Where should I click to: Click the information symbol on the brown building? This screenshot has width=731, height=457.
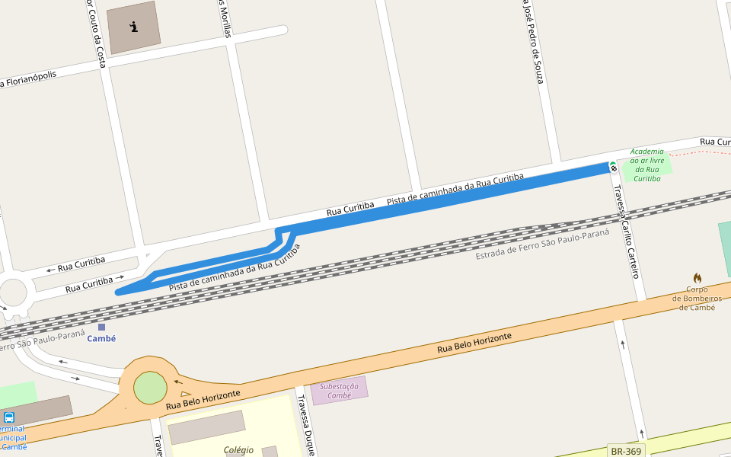[x=134, y=27]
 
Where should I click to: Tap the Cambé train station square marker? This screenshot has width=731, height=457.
[x=101, y=328]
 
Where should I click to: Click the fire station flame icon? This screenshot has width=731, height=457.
[x=697, y=278]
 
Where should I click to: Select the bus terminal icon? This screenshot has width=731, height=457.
[x=9, y=417]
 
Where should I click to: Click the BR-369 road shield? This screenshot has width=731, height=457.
[x=627, y=451]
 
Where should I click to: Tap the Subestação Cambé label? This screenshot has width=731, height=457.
[x=339, y=391]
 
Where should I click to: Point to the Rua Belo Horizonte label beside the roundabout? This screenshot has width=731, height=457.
[x=203, y=399]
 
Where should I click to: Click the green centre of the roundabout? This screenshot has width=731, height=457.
[x=150, y=388]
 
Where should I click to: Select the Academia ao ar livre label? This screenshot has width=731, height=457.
[x=647, y=165]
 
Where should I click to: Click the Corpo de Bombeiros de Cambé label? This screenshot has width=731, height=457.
[x=697, y=299]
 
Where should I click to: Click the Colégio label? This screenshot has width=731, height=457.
[x=238, y=450]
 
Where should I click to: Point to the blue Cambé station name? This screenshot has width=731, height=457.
[x=101, y=339]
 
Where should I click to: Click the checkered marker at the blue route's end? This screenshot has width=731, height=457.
[x=613, y=167]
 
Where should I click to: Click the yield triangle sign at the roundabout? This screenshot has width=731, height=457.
[x=185, y=394]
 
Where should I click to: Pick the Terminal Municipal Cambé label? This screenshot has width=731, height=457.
[x=13, y=438]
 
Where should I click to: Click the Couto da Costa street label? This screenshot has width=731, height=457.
[x=96, y=34]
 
